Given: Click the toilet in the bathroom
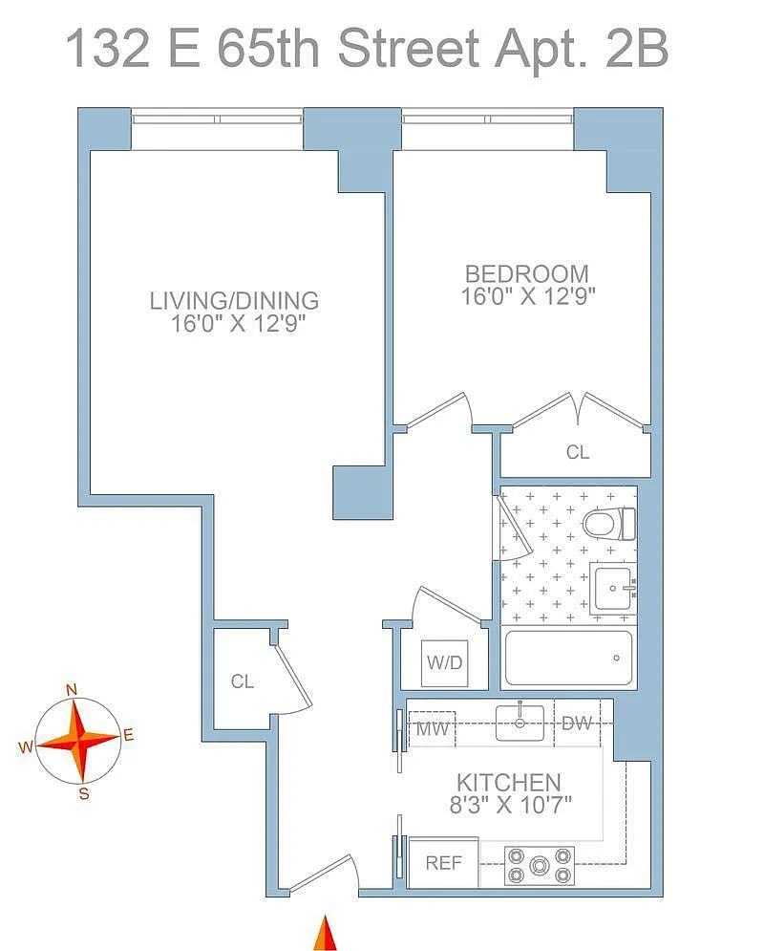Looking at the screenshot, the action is (609, 524).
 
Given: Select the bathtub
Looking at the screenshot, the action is (567, 659).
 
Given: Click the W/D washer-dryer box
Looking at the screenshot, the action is (445, 663).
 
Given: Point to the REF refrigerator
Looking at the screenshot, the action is (443, 862).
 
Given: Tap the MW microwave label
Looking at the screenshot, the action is (432, 727).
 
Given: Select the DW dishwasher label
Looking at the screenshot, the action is (576, 723).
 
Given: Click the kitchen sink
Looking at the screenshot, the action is (520, 723).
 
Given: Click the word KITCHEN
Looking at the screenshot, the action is (509, 783).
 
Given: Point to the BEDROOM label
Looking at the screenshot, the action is (526, 274).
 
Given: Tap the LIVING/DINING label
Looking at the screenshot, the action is (235, 301).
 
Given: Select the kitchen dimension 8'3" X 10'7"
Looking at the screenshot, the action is (510, 805).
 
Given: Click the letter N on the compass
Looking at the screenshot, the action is (72, 690).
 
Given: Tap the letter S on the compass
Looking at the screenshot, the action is (84, 793).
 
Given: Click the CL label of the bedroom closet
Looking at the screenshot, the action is (578, 452).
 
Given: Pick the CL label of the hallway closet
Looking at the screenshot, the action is (243, 681).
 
